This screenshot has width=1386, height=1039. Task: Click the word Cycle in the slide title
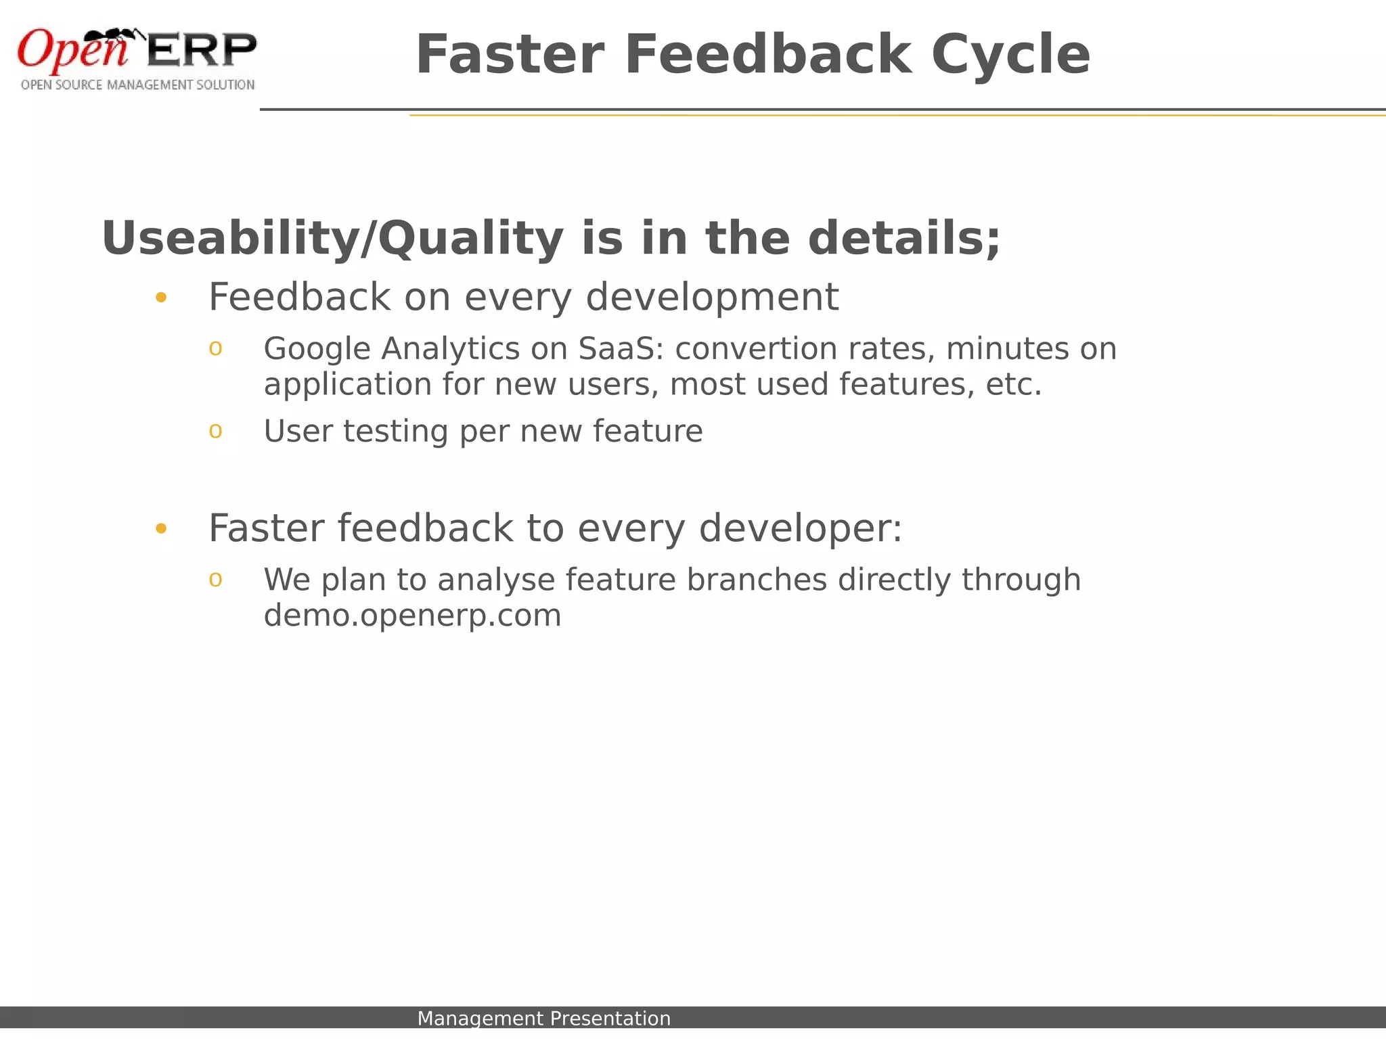1010,55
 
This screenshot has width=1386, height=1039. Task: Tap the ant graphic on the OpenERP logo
112,37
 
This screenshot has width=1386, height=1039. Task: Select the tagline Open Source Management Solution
137,85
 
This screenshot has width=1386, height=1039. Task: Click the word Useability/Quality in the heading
332,239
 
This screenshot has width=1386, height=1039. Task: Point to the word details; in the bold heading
903,239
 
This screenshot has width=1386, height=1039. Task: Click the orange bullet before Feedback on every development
161,298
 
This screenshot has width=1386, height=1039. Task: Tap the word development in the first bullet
712,298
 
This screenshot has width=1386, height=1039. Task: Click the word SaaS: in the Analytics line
622,350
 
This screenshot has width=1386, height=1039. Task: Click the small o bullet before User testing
215,431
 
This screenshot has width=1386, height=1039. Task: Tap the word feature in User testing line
648,432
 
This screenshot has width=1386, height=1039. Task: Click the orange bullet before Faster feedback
161,528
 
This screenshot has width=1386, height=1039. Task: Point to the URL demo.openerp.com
412,616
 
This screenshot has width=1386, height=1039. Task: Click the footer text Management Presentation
543,1018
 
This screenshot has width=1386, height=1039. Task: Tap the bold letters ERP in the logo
202,50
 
